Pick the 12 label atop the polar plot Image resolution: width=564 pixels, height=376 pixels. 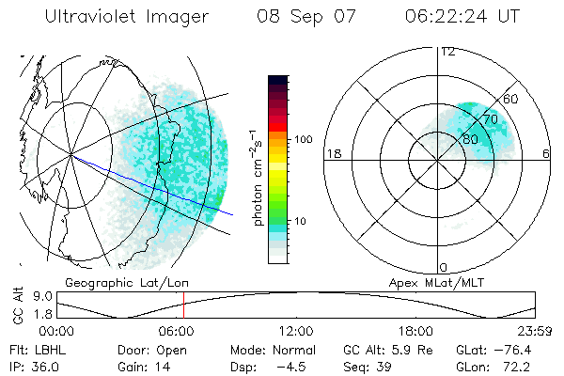[447, 51]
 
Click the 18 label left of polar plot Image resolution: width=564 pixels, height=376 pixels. [332, 153]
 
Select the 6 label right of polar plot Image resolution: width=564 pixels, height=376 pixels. [546, 153]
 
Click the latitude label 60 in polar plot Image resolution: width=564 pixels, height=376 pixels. [511, 99]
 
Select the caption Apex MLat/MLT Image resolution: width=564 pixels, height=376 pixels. [431, 282]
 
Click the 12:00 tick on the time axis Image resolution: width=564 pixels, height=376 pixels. [295, 331]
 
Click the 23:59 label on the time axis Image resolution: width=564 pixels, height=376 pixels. [535, 331]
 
